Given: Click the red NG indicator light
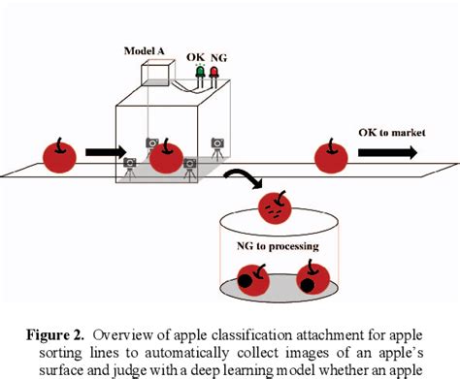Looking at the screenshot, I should (x=214, y=72).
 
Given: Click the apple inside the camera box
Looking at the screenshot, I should (x=167, y=157).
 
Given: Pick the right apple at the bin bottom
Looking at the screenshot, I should (x=310, y=276).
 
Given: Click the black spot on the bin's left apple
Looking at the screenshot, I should (x=247, y=284).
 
